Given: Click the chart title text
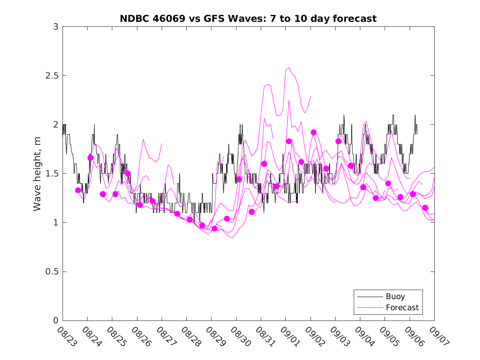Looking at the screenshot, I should pos(248,19).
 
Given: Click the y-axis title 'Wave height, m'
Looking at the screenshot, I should pos(37,174).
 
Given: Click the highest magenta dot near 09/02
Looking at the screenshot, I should pos(313,132).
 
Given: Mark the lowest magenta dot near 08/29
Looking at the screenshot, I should pos(214,228).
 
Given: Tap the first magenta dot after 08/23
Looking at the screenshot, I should pos(78,190).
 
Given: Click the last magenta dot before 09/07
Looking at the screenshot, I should pos(425,208).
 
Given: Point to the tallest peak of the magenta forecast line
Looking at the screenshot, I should pos(289,67).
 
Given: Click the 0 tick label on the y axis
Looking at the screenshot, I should pos(56,321).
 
